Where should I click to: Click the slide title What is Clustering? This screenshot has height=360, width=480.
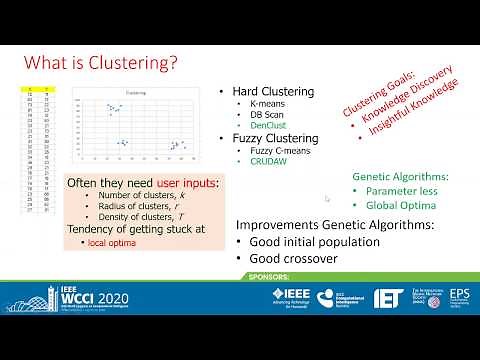click(101, 62)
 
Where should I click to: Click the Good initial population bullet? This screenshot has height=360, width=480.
click(309, 241)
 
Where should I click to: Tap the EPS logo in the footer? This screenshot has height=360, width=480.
click(459, 297)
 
